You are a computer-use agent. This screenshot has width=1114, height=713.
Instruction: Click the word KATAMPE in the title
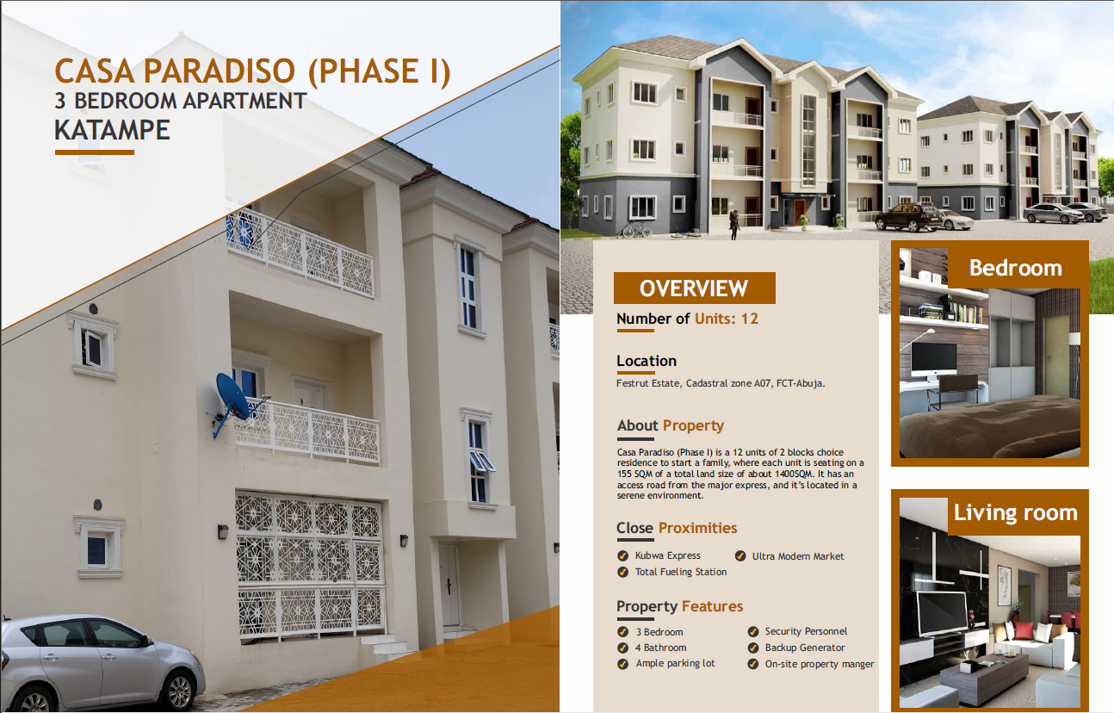coord(112,130)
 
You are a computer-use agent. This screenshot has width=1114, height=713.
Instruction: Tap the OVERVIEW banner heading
coord(694,288)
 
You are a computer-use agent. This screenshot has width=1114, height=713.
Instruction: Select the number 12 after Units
coord(750,319)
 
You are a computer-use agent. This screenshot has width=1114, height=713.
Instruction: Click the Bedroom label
coord(1016,268)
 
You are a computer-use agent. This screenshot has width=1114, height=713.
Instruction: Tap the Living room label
coord(1016,513)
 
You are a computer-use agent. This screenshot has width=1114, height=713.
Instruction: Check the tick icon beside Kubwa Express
coord(622,555)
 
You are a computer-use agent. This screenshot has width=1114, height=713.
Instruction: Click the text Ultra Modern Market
coord(798,556)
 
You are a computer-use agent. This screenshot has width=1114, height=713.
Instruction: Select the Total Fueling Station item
coord(680,572)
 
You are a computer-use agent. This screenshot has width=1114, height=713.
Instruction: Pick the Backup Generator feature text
coord(805,648)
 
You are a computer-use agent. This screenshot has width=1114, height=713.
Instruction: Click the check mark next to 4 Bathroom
coord(622,648)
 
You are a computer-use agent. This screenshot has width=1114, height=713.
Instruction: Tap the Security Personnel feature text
coord(806,631)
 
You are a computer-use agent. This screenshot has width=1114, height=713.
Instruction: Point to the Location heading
coord(647,361)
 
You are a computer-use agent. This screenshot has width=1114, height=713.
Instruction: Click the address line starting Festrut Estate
coord(721,383)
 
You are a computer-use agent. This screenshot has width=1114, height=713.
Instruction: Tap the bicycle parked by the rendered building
coord(637,229)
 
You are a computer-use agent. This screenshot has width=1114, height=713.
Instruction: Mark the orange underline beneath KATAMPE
coord(95,152)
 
